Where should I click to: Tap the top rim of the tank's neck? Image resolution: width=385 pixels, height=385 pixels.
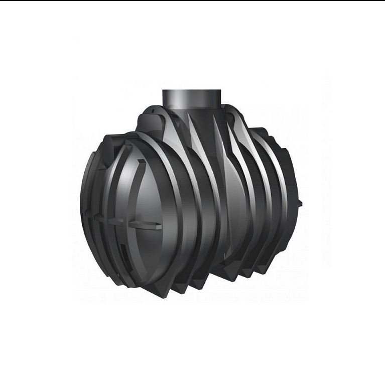click(x=193, y=91)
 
